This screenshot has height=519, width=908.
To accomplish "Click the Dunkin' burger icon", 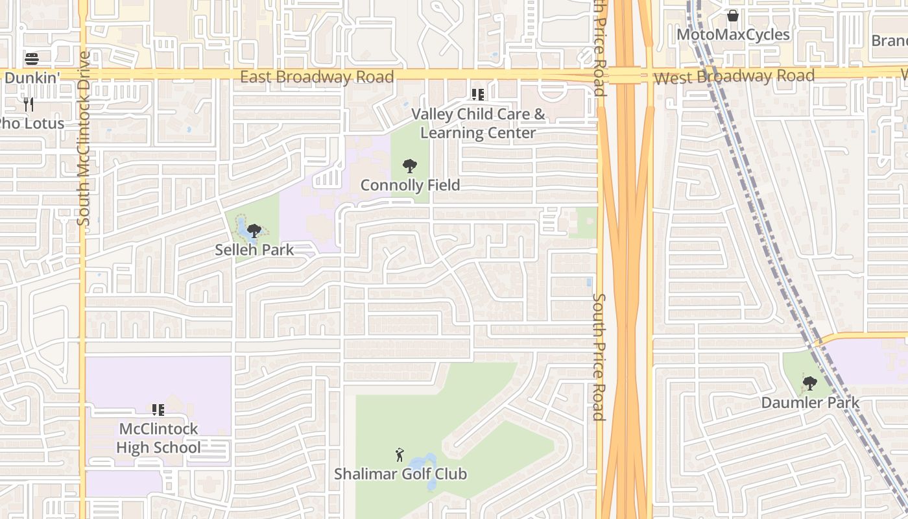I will [x=32, y=60].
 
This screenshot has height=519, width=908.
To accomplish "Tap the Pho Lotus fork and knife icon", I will [x=28, y=104].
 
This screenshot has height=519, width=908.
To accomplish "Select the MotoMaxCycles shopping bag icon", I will [x=733, y=16].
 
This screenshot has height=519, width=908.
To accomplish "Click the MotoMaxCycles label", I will [x=733, y=34].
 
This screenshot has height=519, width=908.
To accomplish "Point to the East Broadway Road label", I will [x=317, y=77].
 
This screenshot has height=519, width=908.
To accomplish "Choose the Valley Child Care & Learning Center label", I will [x=479, y=123].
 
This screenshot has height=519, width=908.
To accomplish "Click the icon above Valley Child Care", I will [x=478, y=95].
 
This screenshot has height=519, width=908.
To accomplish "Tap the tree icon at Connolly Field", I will [x=409, y=166].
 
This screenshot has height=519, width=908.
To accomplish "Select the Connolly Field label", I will [x=410, y=186].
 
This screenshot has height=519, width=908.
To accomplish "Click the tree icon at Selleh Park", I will [x=254, y=230].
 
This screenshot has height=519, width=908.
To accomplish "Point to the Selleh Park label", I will [x=254, y=250].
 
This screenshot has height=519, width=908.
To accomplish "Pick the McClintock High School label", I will [x=159, y=438].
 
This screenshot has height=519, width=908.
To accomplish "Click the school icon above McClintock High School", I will [x=158, y=409].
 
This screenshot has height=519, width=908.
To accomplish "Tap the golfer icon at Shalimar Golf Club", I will [x=400, y=455].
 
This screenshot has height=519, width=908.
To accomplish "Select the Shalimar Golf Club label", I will [x=400, y=474].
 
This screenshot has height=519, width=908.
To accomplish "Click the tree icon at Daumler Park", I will [x=809, y=383].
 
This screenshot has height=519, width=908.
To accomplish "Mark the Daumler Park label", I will [x=810, y=402].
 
